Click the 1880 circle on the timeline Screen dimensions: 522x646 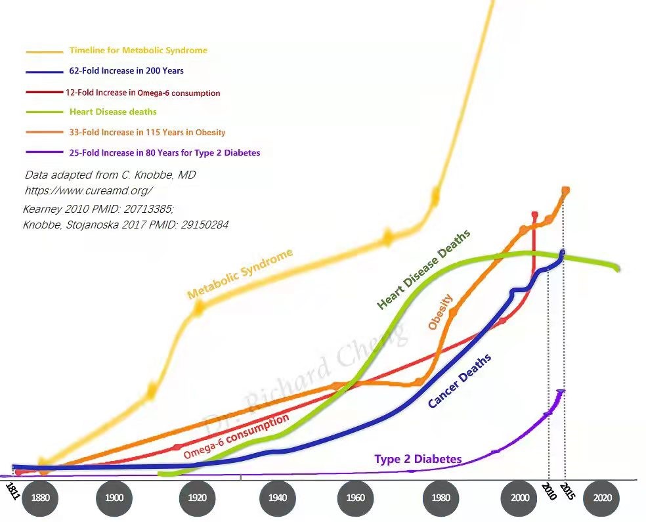pos(41,497)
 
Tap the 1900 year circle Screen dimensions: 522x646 pos(114,497)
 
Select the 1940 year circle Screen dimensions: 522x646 pos(278,497)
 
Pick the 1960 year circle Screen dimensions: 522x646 pos(356,497)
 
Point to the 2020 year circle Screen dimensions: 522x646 pos(602,497)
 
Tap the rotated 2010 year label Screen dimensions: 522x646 pos(548,490)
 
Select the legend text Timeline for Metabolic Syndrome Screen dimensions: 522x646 pos(138,50)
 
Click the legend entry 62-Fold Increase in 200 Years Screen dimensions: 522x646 pos(126,70)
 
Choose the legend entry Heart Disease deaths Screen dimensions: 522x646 pos(112,112)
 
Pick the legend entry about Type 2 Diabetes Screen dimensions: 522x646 pos(164,153)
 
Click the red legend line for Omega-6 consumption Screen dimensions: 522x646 pos(44,92)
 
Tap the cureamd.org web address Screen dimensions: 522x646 pos(89,190)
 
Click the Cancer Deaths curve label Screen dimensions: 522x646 pos(460,380)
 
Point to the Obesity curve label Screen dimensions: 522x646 pos(441,312)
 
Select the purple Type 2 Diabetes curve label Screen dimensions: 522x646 pos(418,459)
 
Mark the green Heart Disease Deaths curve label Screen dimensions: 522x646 pos(424,269)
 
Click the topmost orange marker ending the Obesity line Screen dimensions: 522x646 pos(566,190)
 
